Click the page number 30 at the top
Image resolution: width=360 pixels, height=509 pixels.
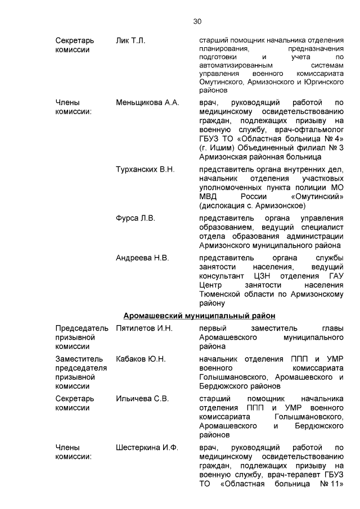pyautogui.click(x=197, y=21)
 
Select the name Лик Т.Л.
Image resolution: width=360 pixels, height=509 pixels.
pyautogui.click(x=130, y=41)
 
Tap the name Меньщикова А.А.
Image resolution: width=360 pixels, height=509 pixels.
pyautogui.click(x=147, y=103)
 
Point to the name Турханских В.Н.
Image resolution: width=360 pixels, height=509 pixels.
pyautogui.click(x=145, y=169)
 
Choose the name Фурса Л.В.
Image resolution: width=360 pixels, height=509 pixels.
pyautogui.click(x=135, y=218)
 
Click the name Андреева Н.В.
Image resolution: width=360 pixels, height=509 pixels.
pyautogui.click(x=142, y=258)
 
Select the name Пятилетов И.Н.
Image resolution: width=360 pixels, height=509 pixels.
pyautogui.click(x=144, y=328)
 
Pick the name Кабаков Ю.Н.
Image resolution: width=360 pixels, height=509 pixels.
pyautogui.click(x=141, y=359)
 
